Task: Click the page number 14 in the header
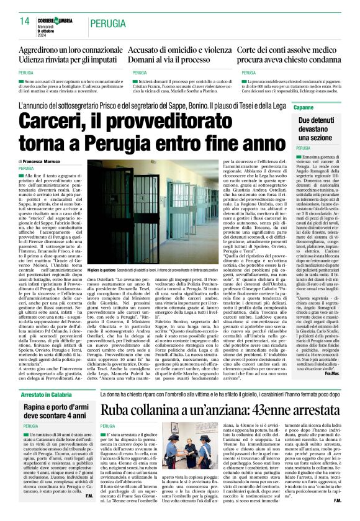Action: click(24, 20)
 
